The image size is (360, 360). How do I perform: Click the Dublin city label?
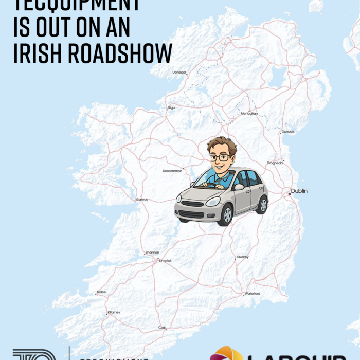click(299, 191)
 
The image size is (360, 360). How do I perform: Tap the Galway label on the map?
click(142, 200)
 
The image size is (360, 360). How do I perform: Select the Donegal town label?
click(179, 73)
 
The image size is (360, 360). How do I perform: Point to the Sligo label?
click(171, 108)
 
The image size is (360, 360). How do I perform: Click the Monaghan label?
click(249, 113)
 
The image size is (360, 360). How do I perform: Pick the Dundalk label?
click(288, 132)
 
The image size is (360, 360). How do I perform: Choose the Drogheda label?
click(275, 163)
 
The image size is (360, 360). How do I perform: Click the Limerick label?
click(165, 261)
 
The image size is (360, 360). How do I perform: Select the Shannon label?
click(152, 253)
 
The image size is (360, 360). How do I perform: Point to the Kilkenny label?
click(242, 257)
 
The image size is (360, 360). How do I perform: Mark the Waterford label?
click(252, 293)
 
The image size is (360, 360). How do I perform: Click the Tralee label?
click(101, 292)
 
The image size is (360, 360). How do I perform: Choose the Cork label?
click(162, 328)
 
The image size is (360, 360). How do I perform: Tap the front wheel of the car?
click(226, 215)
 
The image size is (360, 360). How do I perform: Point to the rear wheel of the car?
click(262, 205)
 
